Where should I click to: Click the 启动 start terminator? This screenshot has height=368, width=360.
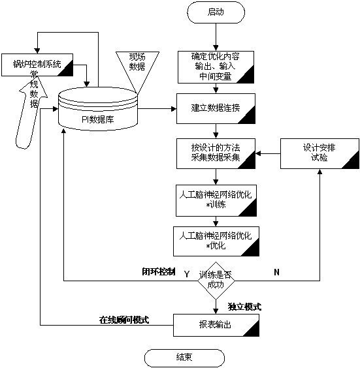[x=216, y=12]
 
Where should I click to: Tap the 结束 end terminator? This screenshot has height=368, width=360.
[x=184, y=358]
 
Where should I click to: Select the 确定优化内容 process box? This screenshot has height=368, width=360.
[x=216, y=67]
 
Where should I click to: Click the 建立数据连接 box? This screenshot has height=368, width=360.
[x=216, y=108]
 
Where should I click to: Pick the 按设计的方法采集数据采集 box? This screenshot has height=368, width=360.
[x=216, y=153]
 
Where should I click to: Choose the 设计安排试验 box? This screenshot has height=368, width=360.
[x=319, y=153]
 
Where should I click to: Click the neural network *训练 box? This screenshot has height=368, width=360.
[x=216, y=200]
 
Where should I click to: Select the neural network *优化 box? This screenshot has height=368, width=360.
[x=216, y=241]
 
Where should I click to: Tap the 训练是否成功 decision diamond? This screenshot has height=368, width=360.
[x=216, y=281]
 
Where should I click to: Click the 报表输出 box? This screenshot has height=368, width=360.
[x=216, y=326]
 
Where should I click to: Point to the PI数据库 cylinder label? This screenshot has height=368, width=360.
[x=97, y=119]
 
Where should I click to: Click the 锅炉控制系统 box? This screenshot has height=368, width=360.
[x=37, y=65]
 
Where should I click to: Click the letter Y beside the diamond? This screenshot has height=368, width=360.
[x=187, y=274]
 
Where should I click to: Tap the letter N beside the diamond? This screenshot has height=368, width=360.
[x=276, y=272]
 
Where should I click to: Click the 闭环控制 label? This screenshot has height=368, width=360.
[x=159, y=272]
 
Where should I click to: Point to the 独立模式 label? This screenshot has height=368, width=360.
[x=244, y=307]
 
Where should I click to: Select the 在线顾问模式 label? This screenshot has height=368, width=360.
[x=124, y=320]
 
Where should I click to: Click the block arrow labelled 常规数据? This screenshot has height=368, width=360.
[x=31, y=113]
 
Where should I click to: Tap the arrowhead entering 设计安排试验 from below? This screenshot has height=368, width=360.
[x=319, y=172]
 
